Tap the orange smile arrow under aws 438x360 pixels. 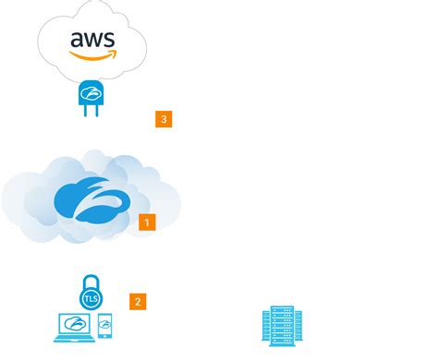click(x=91, y=55)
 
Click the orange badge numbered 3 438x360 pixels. click(x=164, y=119)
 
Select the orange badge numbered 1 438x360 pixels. click(x=146, y=222)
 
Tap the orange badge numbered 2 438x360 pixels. click(x=138, y=301)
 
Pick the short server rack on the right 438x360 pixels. click(x=298, y=329)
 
